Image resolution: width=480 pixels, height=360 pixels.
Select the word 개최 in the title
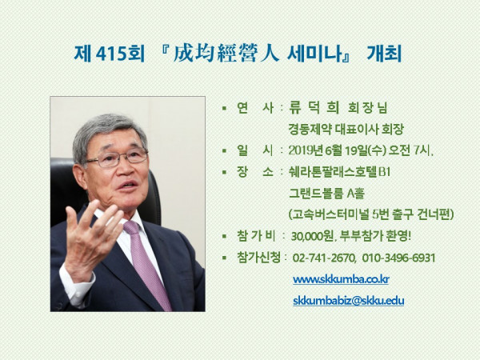click(x=384, y=54)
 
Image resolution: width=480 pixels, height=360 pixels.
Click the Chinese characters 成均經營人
click(x=226, y=54)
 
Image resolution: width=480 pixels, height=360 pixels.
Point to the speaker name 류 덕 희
click(x=314, y=108)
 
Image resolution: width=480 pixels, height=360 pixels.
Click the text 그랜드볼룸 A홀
click(x=326, y=194)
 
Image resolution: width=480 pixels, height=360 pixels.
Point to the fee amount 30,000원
click(x=313, y=236)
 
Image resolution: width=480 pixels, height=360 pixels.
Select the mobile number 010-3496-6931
click(x=398, y=258)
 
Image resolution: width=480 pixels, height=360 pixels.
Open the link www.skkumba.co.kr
click(x=341, y=279)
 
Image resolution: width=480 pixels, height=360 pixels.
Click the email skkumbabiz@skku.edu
click(x=348, y=301)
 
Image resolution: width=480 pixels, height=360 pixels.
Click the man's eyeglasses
click(x=117, y=158)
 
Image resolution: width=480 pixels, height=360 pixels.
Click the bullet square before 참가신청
click(x=224, y=258)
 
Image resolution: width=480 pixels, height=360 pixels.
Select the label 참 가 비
click(x=256, y=236)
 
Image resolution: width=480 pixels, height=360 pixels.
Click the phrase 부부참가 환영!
click(x=375, y=236)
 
